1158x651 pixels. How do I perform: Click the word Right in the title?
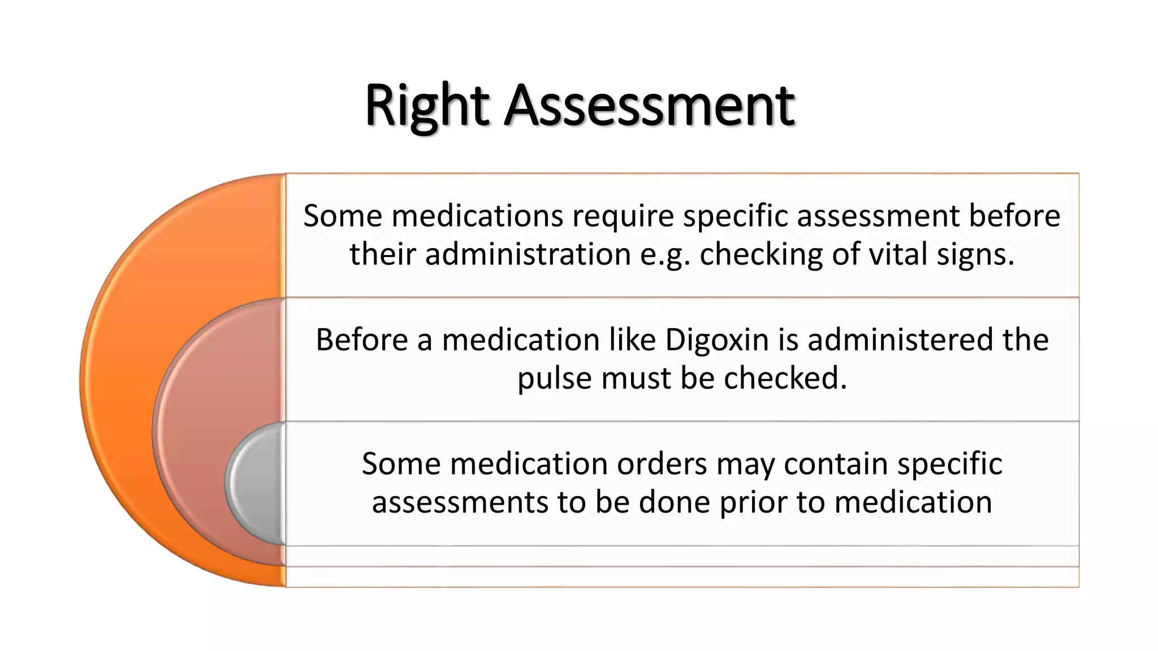[x=427, y=106]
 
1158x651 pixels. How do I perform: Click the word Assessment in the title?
[x=650, y=106]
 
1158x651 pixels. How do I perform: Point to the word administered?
[x=900, y=341]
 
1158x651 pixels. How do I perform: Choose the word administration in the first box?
[x=528, y=254]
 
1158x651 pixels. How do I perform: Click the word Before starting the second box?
[x=361, y=341]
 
